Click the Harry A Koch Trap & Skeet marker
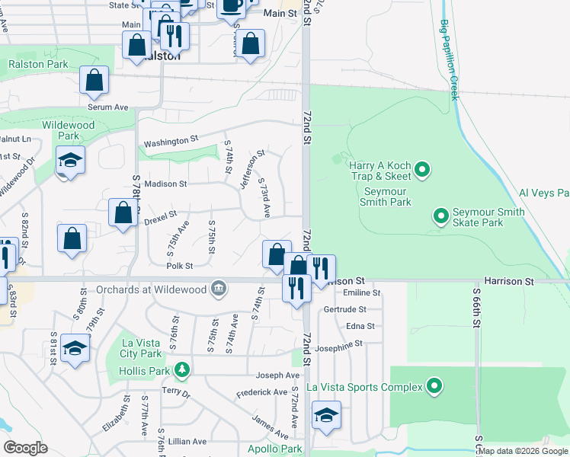click(x=424, y=168)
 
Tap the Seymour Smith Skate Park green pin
click(x=440, y=216)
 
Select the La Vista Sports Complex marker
click(x=434, y=387)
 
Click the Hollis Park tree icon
click(x=181, y=371)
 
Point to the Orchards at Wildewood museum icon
click(x=219, y=289)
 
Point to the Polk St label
click(x=180, y=266)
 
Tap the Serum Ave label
click(x=107, y=107)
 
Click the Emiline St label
click(x=362, y=292)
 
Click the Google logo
click(x=25, y=448)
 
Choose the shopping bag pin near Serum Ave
click(x=94, y=81)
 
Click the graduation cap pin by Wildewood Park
click(x=70, y=161)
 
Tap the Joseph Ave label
click(x=277, y=376)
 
